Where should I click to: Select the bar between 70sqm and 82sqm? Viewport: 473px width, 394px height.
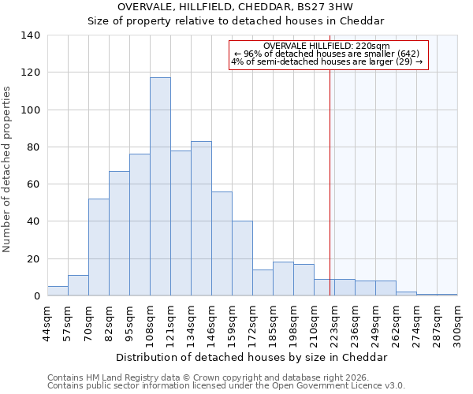(x=99, y=247)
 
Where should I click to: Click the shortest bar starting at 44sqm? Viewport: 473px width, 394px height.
(x=58, y=291)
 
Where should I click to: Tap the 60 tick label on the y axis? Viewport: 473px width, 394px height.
(x=33, y=184)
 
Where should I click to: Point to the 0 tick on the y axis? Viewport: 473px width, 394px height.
(x=36, y=296)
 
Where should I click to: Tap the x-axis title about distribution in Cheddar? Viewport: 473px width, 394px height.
(x=251, y=357)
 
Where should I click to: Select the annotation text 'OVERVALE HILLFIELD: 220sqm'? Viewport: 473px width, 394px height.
(x=327, y=46)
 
